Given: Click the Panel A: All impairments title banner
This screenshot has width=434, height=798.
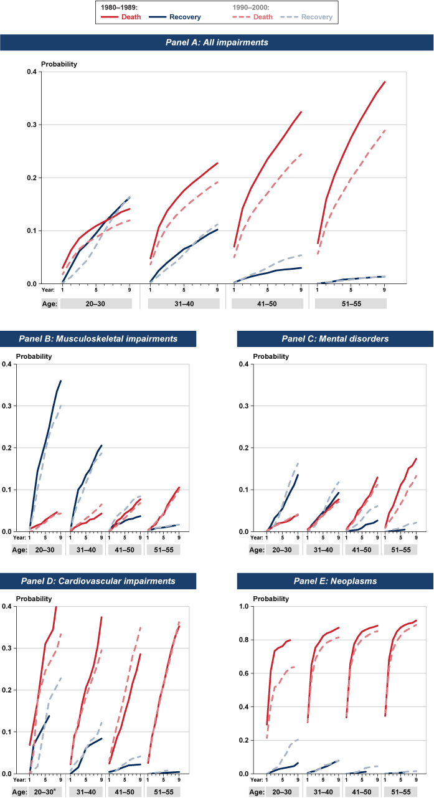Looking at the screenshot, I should tap(217, 42).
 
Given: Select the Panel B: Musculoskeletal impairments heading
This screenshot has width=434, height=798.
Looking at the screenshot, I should tap(98, 339).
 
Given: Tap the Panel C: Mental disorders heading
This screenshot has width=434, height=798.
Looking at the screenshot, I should tap(335, 339).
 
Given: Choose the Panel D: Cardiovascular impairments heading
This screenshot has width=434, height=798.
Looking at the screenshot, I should tap(98, 581).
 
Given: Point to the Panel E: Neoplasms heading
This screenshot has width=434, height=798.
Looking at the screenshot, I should tap(335, 581).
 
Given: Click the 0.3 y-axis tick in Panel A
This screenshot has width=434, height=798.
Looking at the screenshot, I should tap(31, 125).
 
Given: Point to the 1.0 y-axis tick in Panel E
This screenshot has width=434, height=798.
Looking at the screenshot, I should tap(248, 606).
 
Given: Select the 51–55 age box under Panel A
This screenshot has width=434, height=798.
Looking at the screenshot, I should tap(351, 304).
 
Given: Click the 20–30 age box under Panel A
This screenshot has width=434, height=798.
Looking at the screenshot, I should tap(96, 304).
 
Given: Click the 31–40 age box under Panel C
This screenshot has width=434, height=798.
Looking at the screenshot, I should tap(323, 550).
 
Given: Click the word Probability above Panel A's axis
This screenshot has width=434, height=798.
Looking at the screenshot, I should tap(59, 64).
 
